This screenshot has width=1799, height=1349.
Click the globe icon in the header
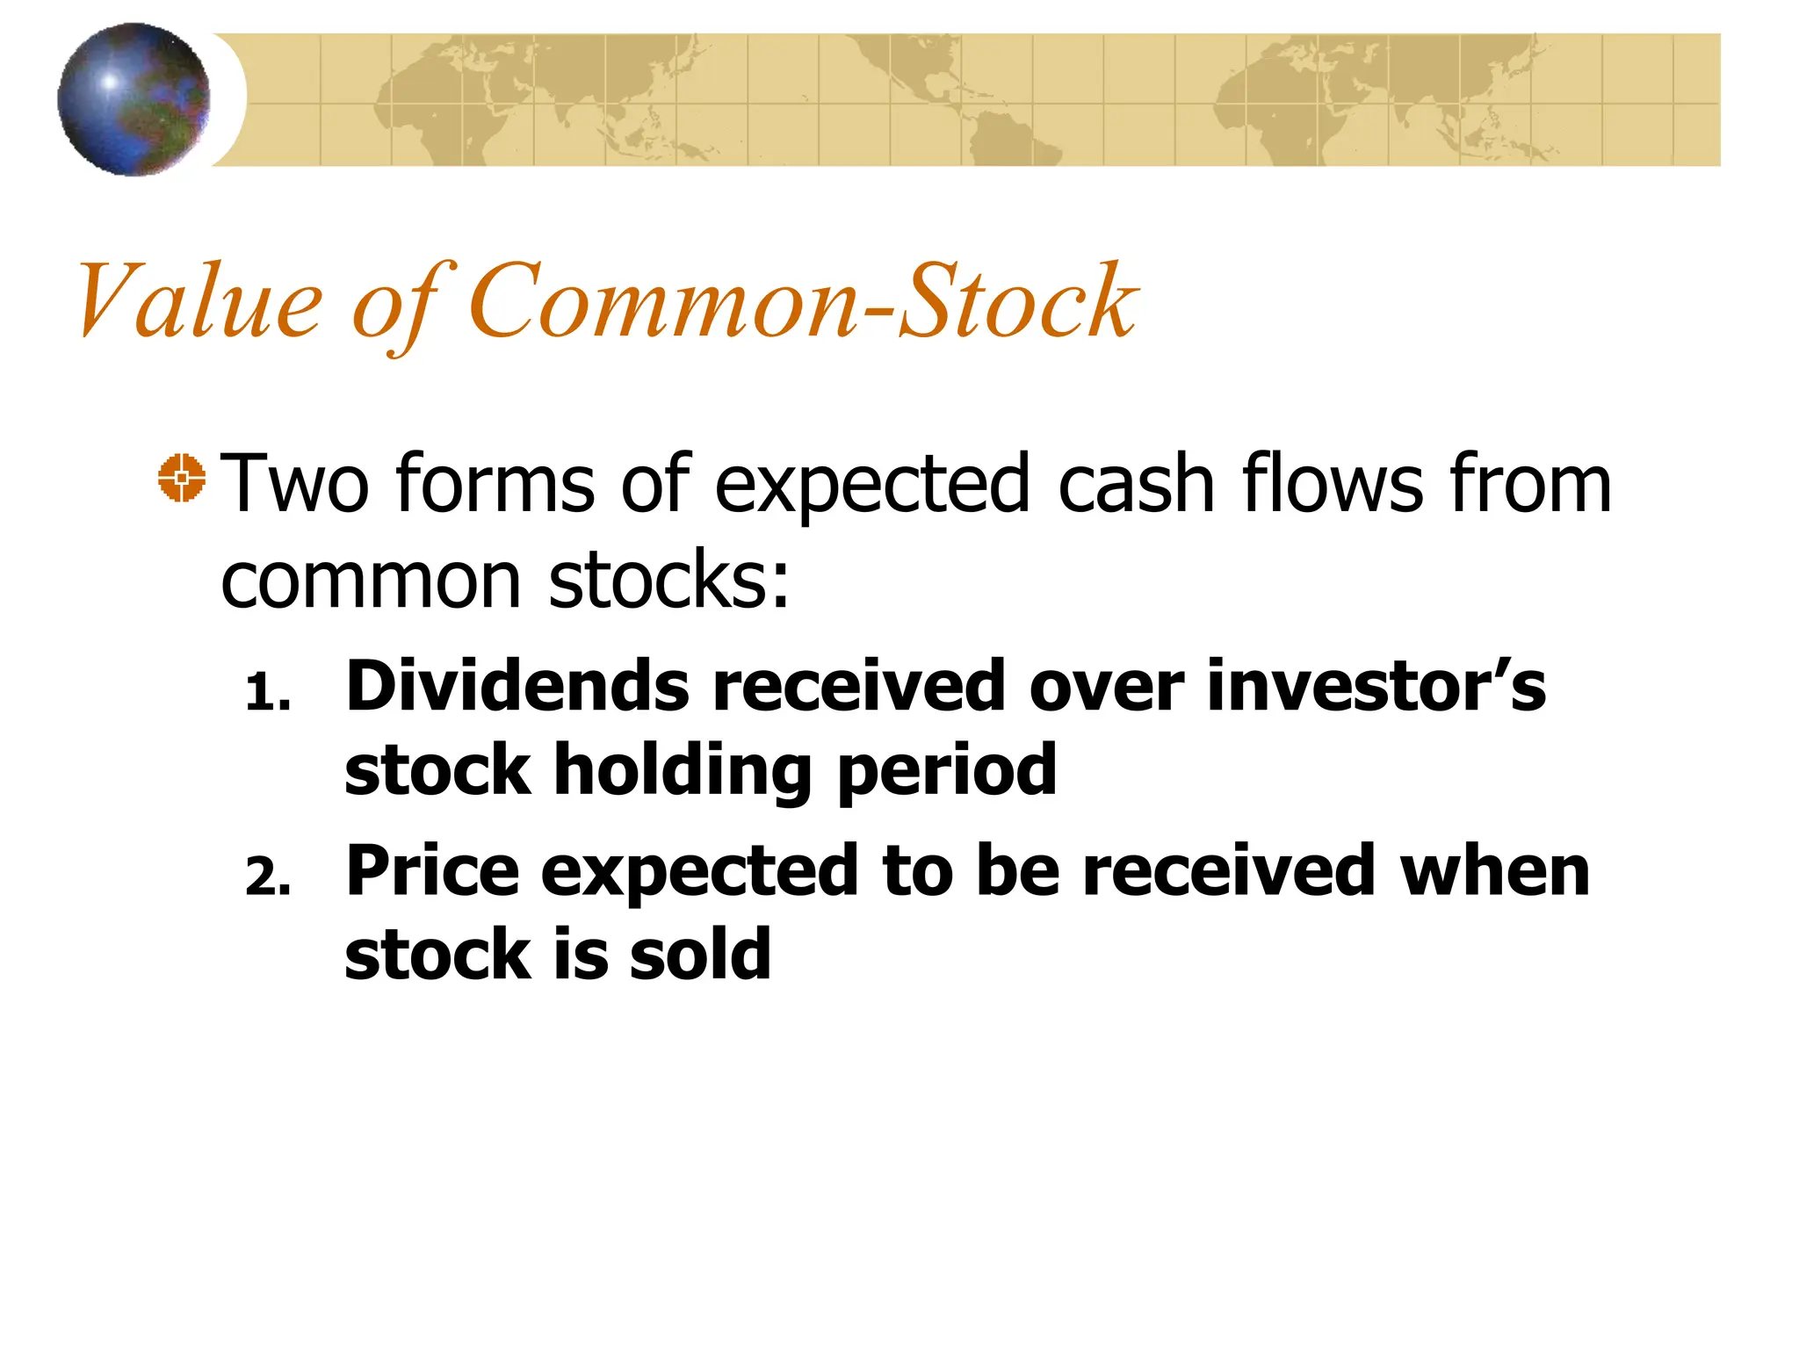coord(134,99)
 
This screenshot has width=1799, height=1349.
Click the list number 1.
coord(267,694)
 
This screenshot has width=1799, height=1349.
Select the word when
coord(1494,870)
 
